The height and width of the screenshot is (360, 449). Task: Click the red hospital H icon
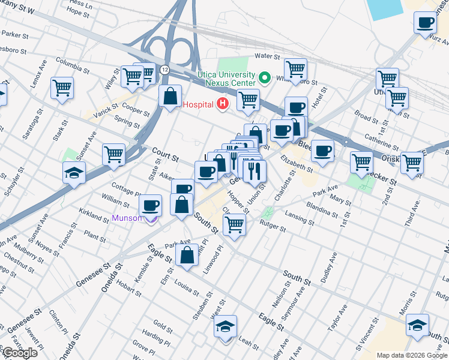tap(223, 104)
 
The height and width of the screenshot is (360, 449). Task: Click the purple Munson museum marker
tap(151, 218)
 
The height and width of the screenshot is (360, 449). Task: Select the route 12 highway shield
tap(164, 70)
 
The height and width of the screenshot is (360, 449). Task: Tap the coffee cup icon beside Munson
tap(151, 206)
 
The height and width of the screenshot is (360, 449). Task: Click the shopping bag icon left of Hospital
tap(170, 95)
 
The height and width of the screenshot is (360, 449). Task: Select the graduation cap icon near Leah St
tap(225, 327)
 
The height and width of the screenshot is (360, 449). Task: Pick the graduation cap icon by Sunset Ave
tap(74, 172)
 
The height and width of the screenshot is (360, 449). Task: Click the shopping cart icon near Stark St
tap(62, 88)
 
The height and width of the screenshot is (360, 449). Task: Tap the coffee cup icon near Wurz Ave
tap(425, 22)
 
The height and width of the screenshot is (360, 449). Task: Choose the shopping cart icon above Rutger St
tap(234, 225)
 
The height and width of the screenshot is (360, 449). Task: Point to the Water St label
tap(268, 56)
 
